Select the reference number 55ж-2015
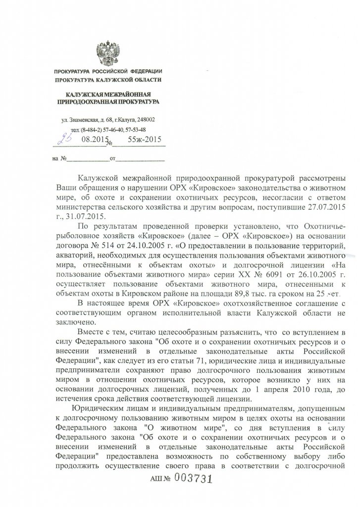pyautogui.click(x=145, y=141)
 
